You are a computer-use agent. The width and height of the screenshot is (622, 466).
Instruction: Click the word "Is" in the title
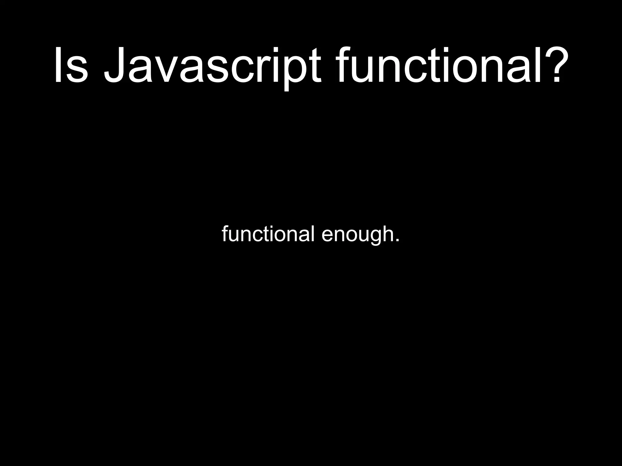click(x=71, y=65)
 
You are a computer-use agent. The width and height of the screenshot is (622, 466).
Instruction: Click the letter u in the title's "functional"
click(x=363, y=70)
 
